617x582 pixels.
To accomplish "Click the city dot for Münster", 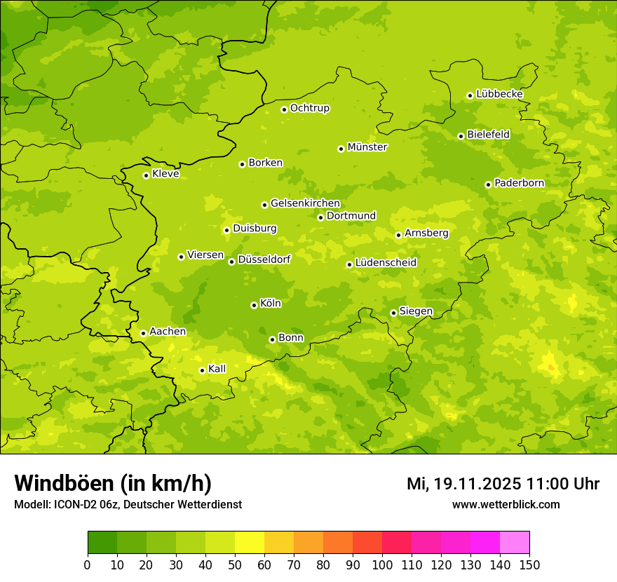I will pos(341,149).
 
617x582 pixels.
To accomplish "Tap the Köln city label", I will pos(271,304).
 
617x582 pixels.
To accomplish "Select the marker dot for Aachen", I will pos(143,333).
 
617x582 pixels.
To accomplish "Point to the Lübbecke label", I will pos(499,94).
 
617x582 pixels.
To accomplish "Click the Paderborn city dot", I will pos(489,184).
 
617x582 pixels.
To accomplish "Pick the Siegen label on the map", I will pos(416,311).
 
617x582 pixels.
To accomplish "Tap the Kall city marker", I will pos(202,370).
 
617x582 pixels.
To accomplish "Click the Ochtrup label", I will pos(309,108).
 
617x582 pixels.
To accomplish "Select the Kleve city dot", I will pos(146,175).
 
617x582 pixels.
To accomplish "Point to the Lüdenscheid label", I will pos(386,263).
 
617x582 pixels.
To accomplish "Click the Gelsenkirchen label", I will pos(305,203).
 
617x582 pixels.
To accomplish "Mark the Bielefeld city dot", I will pos(461,136).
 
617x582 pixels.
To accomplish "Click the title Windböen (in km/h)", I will pos(113,483).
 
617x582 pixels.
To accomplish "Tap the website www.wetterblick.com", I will pos(506,504).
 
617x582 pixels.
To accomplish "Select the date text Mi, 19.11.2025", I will pos(463,484).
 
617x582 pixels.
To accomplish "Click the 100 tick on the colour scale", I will pos(382,564).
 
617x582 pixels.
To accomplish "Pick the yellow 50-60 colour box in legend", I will pos(249,543).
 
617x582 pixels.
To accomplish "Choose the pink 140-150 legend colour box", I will pos(514,543).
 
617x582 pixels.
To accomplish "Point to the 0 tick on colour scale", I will pos(88,564).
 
